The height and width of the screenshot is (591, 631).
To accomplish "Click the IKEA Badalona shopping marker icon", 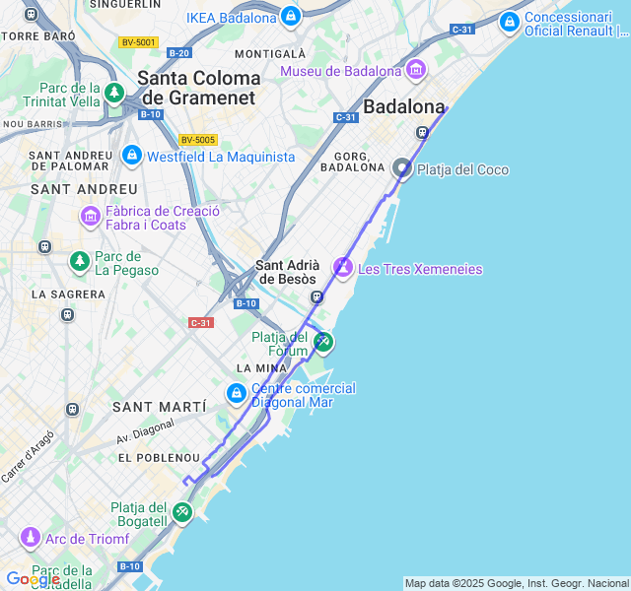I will click(x=290, y=17).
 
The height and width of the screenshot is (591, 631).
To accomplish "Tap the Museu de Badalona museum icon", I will click(x=415, y=70).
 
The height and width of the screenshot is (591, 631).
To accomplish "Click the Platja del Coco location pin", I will click(x=402, y=168).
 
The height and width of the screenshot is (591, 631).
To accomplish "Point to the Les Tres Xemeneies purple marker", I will click(x=343, y=267).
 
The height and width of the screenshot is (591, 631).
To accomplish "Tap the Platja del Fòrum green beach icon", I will click(x=322, y=342).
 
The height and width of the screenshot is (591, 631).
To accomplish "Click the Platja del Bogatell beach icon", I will click(x=182, y=512).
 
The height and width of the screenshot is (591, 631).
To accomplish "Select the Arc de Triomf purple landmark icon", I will click(x=31, y=538).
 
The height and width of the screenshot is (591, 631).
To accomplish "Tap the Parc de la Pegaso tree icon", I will click(x=79, y=261).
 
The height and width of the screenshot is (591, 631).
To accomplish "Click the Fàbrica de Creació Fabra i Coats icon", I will click(x=91, y=216).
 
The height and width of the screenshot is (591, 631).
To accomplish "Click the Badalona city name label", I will click(x=404, y=106).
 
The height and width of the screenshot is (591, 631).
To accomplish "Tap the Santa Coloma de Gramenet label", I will click(x=200, y=88).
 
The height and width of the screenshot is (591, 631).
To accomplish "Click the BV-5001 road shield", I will click(x=138, y=42).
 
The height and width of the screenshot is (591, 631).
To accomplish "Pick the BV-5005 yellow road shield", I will click(x=198, y=140).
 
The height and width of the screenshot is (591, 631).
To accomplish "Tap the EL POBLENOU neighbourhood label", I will click(x=159, y=459).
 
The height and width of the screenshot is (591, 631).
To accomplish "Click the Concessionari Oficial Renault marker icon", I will click(x=509, y=21).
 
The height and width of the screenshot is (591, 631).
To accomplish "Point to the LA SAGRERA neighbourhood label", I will click(x=68, y=294).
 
